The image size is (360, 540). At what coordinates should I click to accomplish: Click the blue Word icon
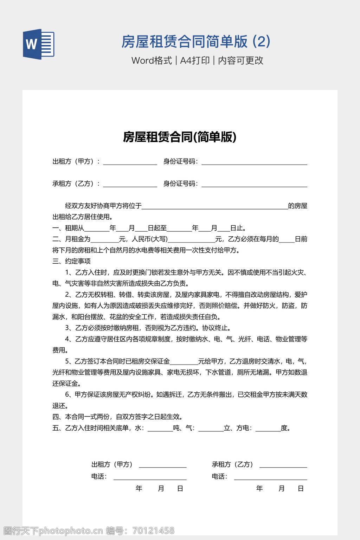point(39,44)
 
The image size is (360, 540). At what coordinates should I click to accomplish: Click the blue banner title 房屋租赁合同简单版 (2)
point(196,41)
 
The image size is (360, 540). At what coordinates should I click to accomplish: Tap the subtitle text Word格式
point(152,60)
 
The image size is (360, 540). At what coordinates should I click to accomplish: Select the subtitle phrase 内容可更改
point(241,60)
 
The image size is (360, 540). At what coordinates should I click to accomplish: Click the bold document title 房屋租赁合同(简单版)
point(180,137)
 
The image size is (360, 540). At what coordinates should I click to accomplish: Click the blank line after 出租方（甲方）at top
point(130,163)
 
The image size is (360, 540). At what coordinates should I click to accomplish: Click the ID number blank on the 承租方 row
point(254,185)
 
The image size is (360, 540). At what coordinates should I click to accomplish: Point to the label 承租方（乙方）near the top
point(76,184)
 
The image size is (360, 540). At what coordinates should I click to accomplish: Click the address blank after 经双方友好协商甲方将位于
point(214,207)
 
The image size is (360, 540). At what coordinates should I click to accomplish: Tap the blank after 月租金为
point(104,240)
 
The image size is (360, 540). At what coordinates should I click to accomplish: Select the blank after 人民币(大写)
point(191,240)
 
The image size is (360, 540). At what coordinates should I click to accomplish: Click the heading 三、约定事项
point(71,261)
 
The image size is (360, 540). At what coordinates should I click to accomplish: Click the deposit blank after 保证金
point(184,362)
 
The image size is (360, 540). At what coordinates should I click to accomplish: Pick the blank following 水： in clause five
point(160,429)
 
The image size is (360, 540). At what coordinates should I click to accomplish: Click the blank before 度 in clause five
point(268,429)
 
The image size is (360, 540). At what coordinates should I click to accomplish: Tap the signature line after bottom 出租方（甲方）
point(163,466)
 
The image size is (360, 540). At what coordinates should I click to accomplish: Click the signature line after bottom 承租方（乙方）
point(283,466)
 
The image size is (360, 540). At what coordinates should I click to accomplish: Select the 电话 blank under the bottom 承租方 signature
point(271,478)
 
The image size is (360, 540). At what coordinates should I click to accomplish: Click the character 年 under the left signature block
point(139,488)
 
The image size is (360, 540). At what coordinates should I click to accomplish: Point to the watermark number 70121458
point(153,531)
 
